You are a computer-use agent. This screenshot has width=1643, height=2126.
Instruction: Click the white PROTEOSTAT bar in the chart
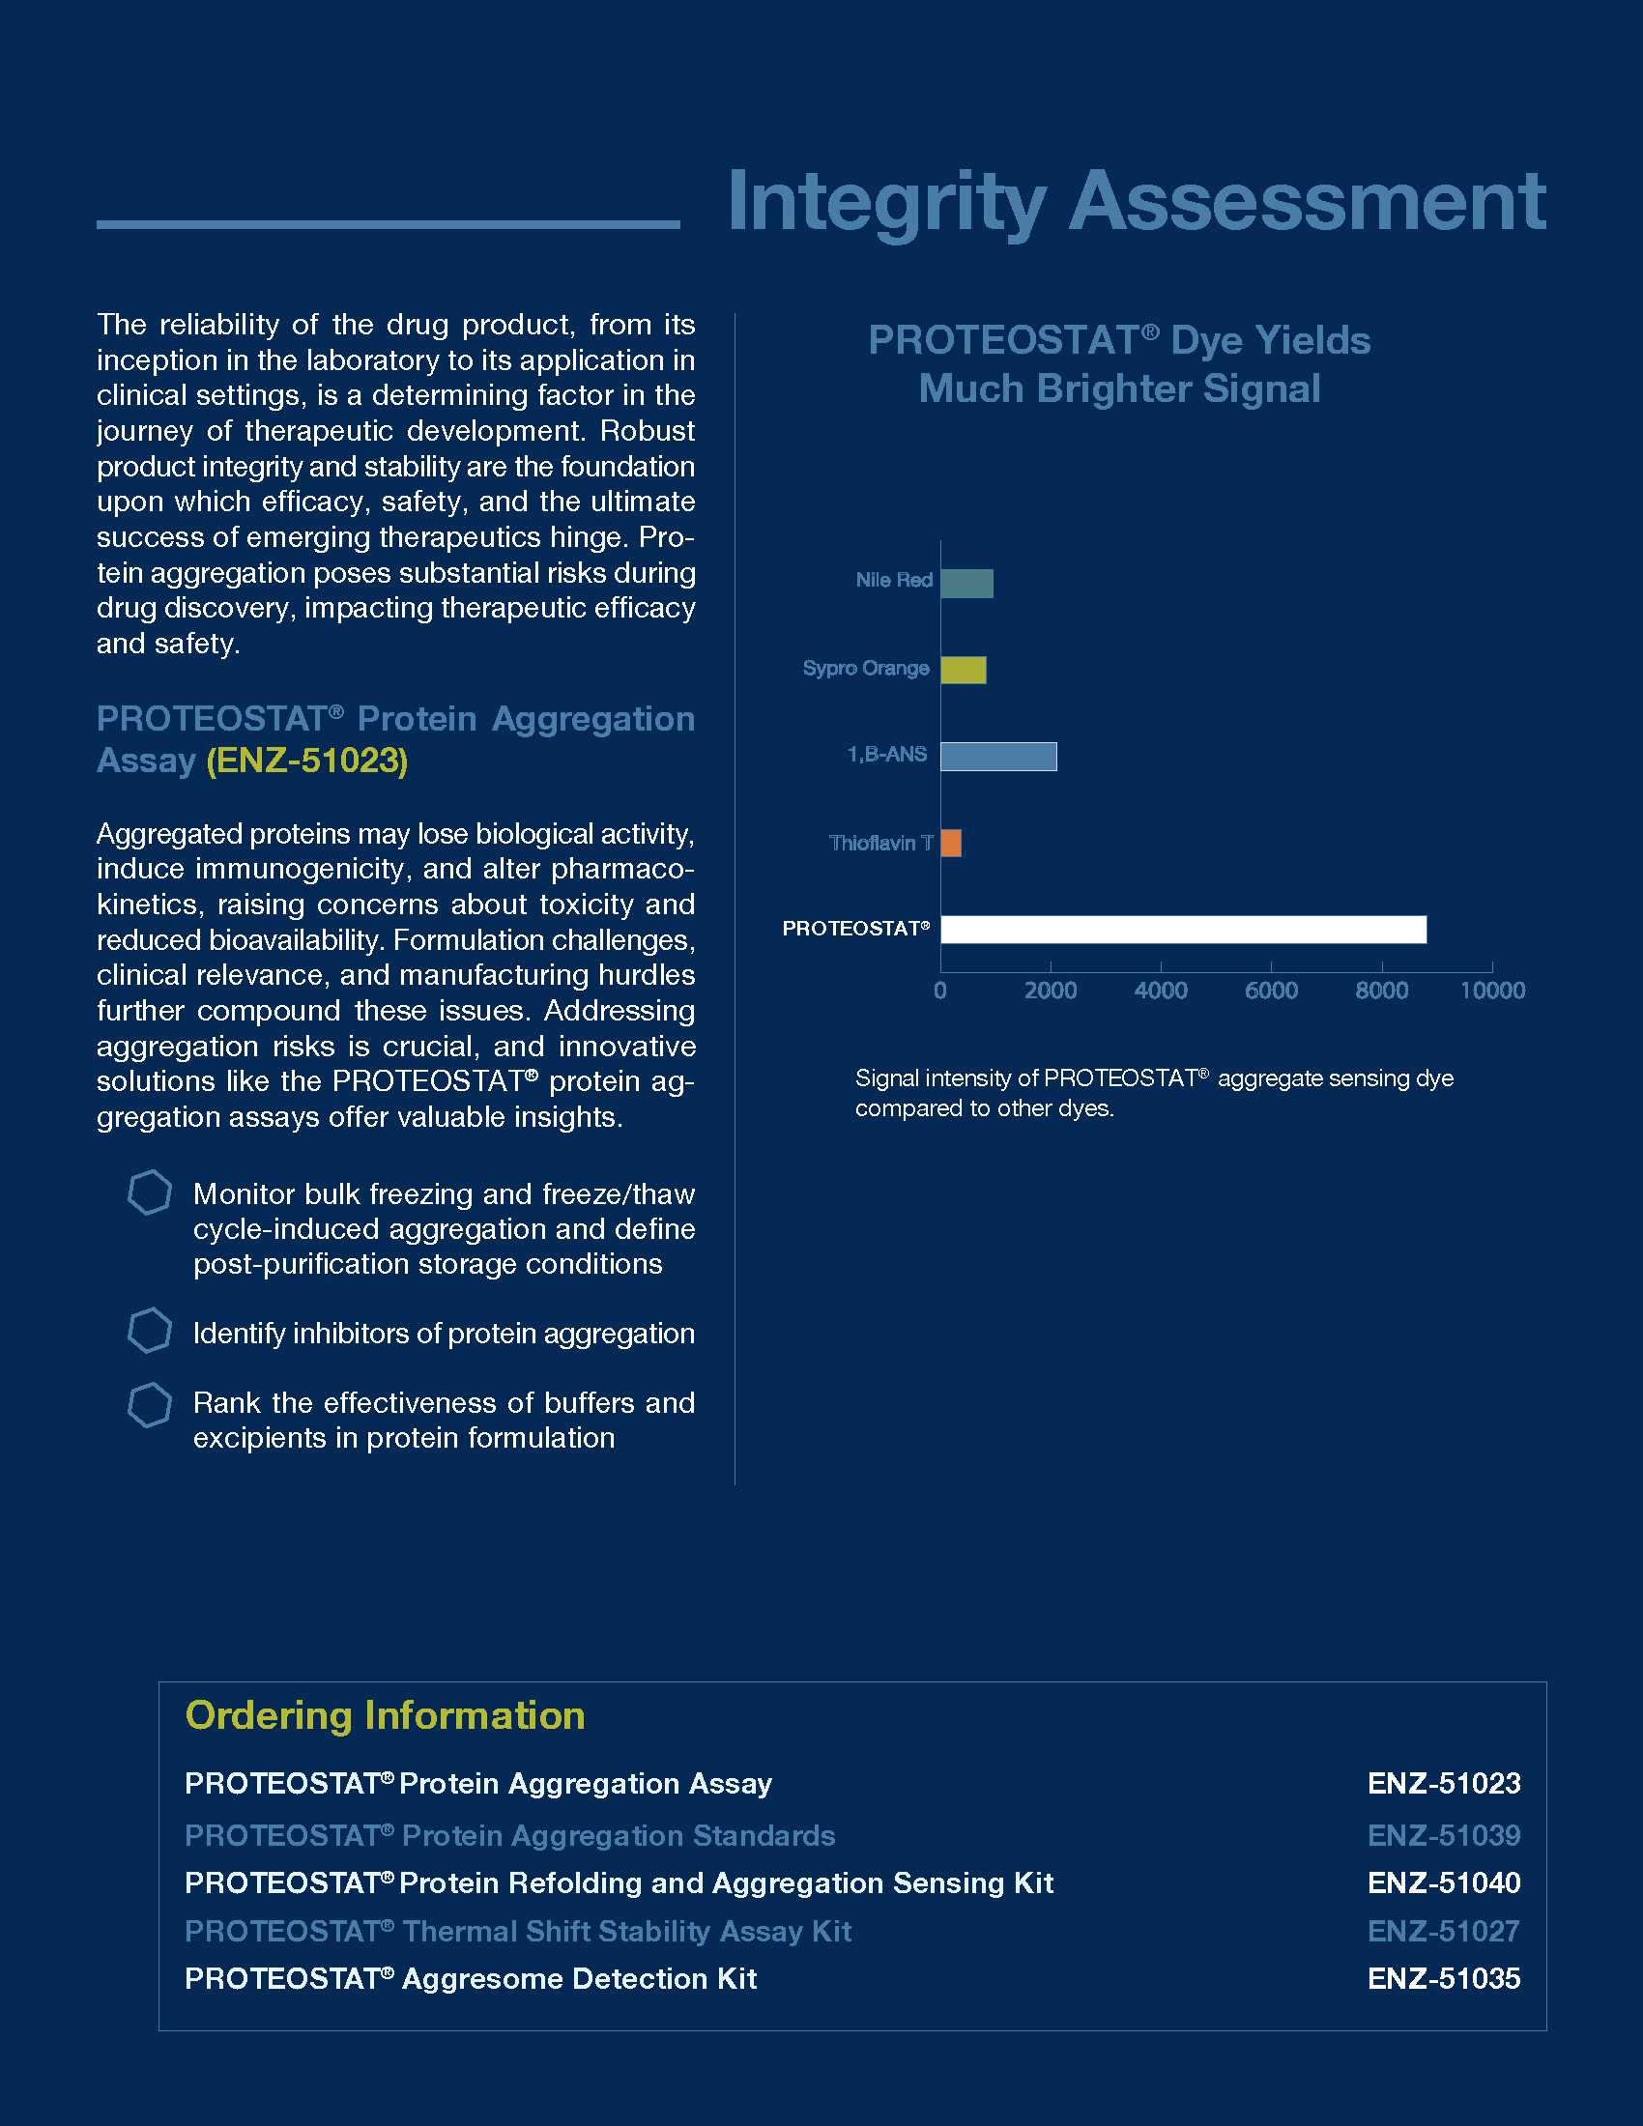1183,930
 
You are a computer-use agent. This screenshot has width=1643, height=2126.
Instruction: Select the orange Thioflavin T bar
951,843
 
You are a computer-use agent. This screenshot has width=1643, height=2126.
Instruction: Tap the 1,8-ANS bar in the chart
997,757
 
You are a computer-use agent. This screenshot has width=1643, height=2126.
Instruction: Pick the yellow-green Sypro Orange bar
963,670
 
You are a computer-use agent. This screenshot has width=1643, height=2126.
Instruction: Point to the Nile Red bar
966,583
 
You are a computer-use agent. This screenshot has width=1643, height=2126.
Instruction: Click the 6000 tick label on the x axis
1271,991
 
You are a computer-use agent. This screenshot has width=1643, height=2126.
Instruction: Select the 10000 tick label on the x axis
1492,991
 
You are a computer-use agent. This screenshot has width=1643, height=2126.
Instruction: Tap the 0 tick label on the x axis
940,991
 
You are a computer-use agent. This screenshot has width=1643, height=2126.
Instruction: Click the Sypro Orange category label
865,668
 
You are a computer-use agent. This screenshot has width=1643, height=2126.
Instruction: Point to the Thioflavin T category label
879,843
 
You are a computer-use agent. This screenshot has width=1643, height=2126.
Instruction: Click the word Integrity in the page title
885,202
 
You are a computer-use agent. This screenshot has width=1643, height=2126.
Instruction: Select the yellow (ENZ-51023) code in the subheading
306,761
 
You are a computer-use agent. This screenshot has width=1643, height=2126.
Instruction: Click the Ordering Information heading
386,1715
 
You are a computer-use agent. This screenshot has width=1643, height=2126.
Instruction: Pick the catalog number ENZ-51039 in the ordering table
1444,1836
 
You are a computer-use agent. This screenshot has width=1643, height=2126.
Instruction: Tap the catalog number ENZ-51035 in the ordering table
1444,1979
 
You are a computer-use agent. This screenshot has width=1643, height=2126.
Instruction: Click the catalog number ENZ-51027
1444,1932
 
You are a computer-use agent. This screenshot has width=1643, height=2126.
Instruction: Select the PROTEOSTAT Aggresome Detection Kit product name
471,1979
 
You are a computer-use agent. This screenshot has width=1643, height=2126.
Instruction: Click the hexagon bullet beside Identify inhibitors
150,1331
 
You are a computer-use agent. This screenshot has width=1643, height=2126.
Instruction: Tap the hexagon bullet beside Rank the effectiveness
150,1406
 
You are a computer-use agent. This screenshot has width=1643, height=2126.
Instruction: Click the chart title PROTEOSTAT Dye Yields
1119,341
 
